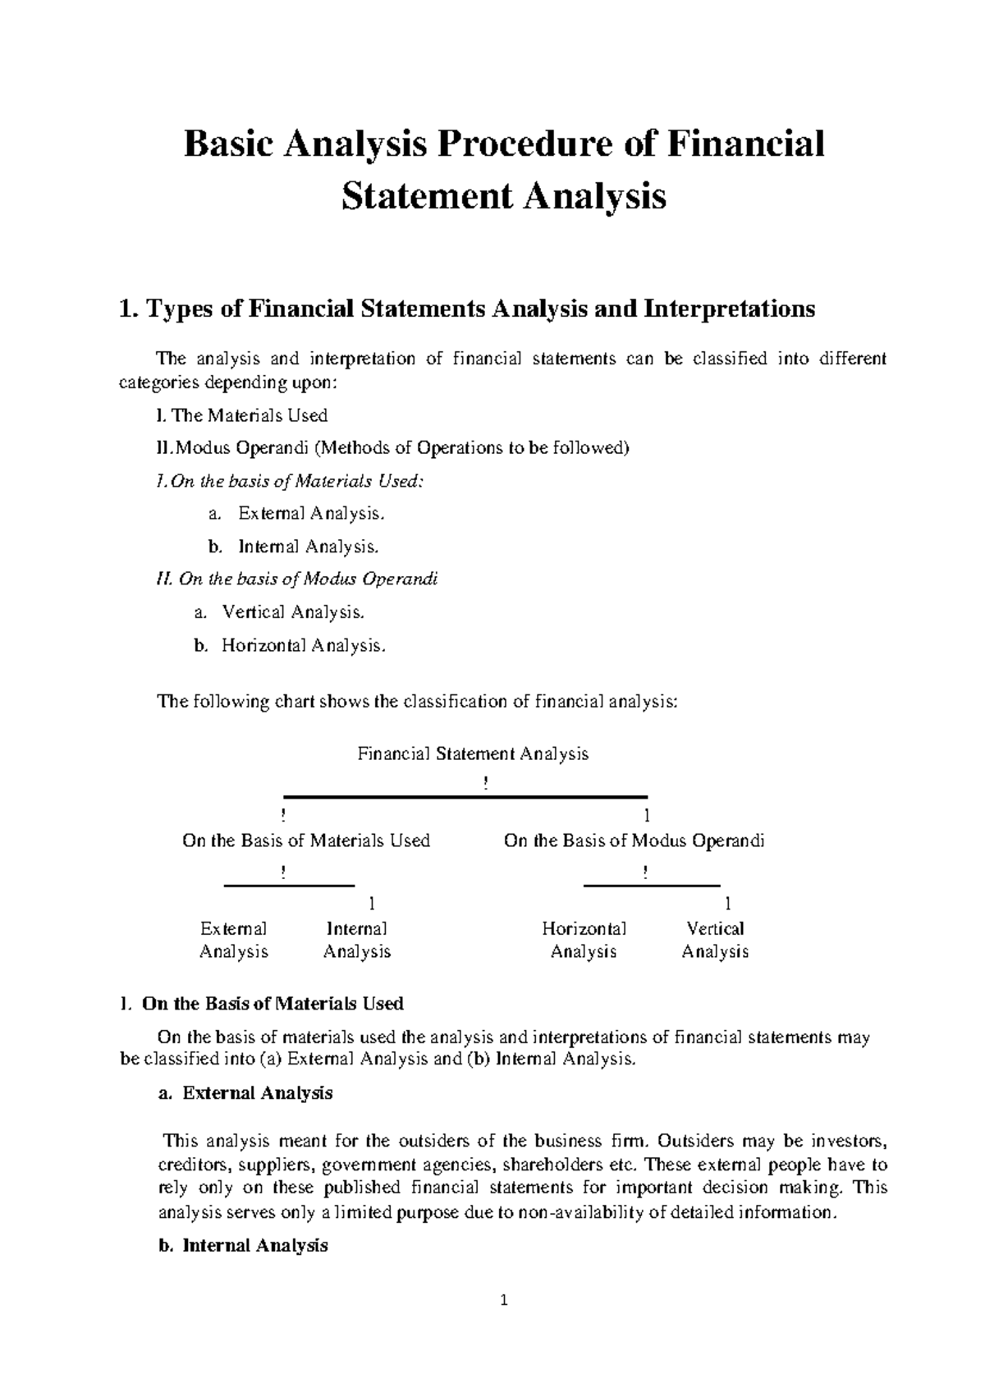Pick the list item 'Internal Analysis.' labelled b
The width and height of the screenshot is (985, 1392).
tap(309, 547)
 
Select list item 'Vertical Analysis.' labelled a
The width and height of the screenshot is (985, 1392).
tap(292, 612)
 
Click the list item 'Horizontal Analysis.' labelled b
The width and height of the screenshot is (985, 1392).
tap(302, 645)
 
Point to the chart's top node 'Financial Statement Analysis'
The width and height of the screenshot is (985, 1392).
tap(473, 753)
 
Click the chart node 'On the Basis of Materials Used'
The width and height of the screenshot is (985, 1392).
tap(306, 840)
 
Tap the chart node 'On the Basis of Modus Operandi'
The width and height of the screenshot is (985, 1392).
tap(634, 840)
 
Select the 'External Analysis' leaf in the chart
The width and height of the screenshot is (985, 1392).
tap(234, 941)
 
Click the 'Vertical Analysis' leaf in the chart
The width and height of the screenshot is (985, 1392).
tap(715, 941)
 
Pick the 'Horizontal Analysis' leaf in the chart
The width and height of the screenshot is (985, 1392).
tap(584, 941)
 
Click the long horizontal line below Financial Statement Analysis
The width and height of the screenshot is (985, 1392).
tap(465, 796)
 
